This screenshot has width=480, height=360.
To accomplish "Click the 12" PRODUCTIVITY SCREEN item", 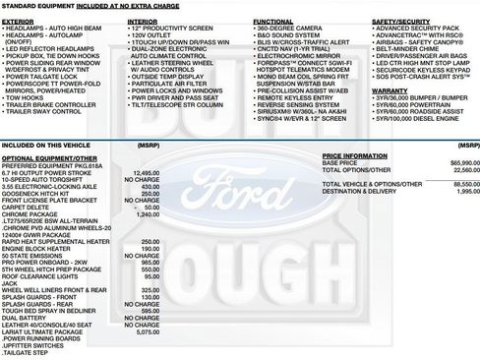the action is [172, 28].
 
